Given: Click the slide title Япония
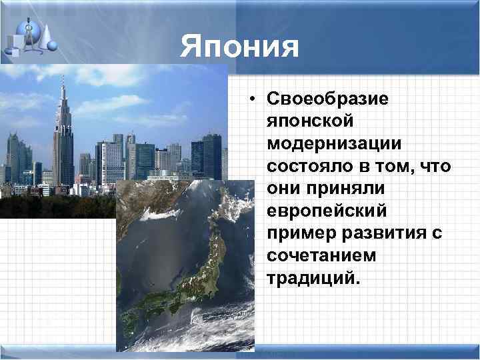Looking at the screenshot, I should [x=239, y=47].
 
